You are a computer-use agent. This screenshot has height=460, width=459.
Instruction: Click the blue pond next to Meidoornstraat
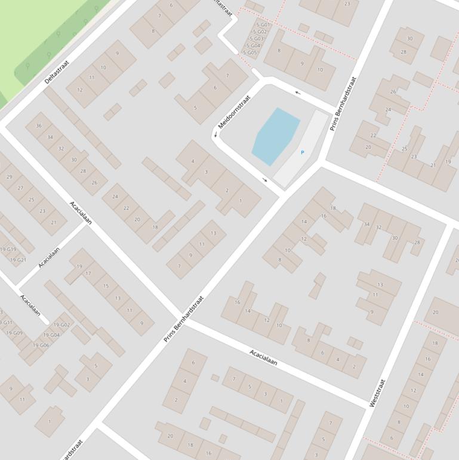click(x=275, y=136)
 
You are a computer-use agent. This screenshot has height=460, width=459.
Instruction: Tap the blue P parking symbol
click(x=302, y=152)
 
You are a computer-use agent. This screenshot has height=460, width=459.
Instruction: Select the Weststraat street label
click(x=378, y=393)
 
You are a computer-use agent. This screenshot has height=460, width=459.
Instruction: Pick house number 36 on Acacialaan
click(x=39, y=125)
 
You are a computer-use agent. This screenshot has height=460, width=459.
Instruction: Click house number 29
click(x=9, y=177)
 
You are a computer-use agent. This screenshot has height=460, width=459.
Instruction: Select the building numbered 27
click(x=20, y=188)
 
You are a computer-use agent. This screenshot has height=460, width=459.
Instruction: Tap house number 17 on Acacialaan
click(x=88, y=274)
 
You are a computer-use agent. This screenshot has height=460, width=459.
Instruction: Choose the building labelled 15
click(x=106, y=286)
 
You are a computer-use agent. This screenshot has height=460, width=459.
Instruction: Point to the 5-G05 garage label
click(x=249, y=53)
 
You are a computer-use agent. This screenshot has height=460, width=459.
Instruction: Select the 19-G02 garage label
click(x=61, y=325)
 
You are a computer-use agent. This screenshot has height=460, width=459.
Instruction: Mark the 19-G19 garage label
click(x=8, y=249)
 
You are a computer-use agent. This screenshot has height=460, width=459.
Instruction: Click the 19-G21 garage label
click(x=18, y=260)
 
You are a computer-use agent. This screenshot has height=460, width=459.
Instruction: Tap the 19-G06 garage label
click(x=41, y=345)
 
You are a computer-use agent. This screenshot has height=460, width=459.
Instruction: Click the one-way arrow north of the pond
click(x=297, y=93)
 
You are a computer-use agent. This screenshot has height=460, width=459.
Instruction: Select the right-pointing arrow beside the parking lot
click(x=265, y=179)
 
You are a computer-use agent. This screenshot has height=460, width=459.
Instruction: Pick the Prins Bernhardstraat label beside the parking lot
click(x=343, y=103)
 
